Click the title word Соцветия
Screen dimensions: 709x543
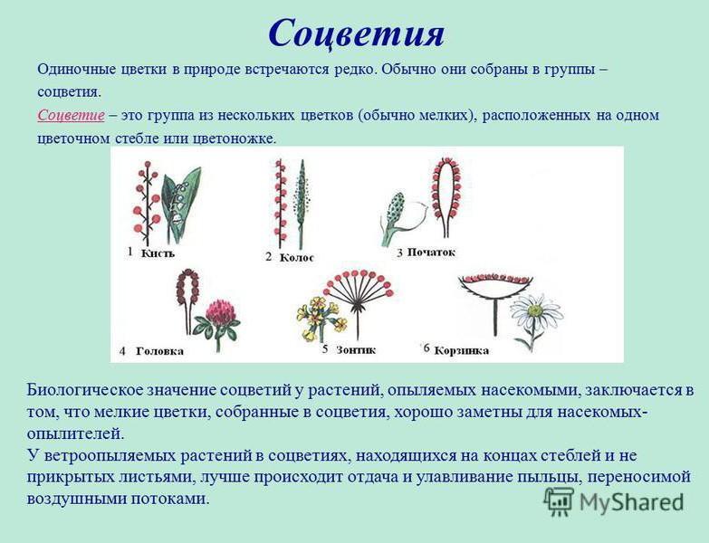coord(357,33)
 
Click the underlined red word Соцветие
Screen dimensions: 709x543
coord(71,115)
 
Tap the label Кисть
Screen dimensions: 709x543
coord(158,253)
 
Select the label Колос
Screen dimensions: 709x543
coord(297,258)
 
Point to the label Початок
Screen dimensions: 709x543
coord(431,252)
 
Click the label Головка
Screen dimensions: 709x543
coord(160,351)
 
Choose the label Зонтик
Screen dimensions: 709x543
coord(356,349)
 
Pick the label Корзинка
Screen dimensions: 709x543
coord(461,350)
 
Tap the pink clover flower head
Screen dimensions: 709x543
coord(221,311)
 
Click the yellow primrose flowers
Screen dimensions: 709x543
coord(321,318)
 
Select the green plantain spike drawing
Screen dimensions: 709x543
coord(300,204)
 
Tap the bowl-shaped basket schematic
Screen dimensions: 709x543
coord(495,289)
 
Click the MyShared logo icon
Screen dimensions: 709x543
coord(559,501)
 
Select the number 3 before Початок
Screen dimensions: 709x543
coord(399,252)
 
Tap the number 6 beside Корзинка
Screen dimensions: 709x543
coord(426,348)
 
